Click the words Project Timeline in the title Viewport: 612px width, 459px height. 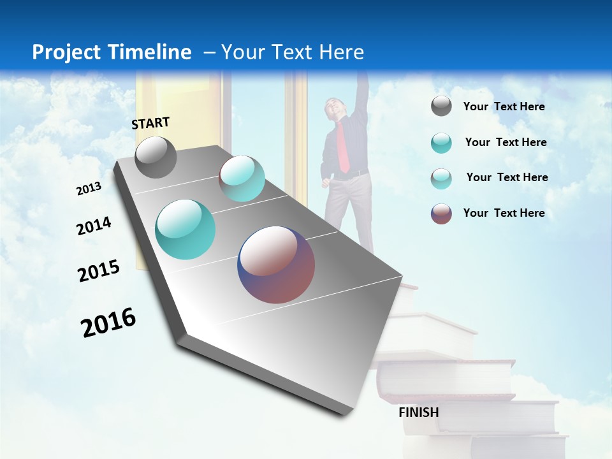[112, 52]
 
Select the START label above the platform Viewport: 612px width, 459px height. [150, 123]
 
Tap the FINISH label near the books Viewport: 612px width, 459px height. [419, 412]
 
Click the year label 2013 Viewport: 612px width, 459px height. [89, 189]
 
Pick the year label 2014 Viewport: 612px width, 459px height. [94, 226]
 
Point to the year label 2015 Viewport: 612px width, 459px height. [99, 271]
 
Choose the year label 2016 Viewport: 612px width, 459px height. [108, 323]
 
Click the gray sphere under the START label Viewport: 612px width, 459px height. [156, 157]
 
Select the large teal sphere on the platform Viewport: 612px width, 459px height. [186, 229]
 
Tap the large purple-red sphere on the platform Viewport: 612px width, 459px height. [276, 265]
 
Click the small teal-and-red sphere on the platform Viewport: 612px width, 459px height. [242, 178]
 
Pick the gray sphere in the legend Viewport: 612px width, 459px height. [441, 106]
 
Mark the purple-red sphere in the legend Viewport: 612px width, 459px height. [441, 214]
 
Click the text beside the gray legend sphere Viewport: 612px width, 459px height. [504, 106]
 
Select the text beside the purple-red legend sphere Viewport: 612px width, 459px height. [504, 213]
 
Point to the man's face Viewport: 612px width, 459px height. [335, 108]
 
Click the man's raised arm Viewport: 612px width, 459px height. [361, 96]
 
